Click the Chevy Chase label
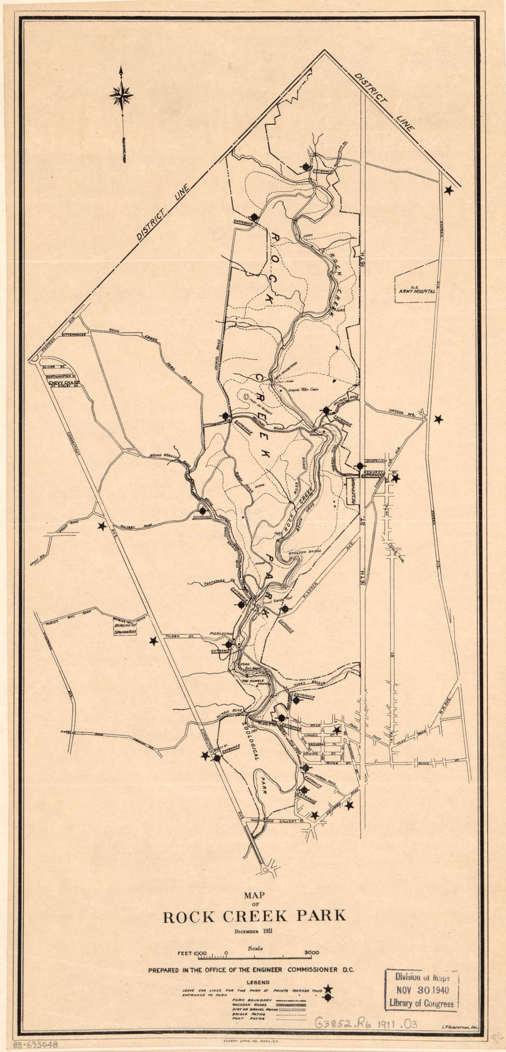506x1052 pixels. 65,383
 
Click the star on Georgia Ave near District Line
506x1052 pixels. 449,190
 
